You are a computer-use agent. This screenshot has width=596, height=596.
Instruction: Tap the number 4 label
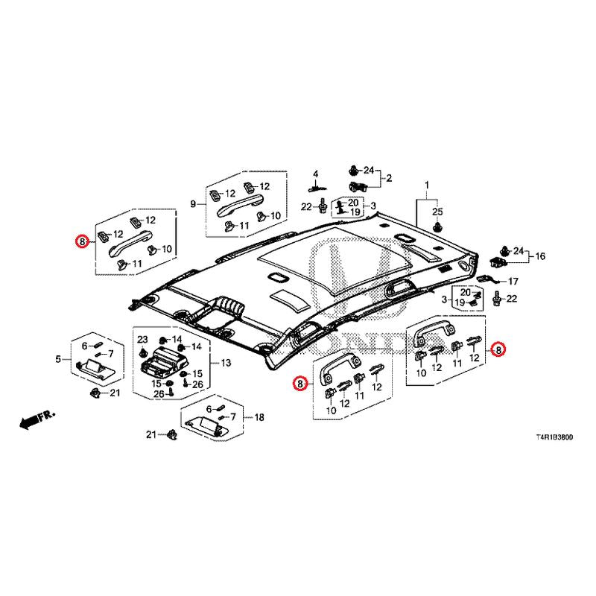point(315,174)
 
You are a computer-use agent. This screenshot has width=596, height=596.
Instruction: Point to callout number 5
point(58,360)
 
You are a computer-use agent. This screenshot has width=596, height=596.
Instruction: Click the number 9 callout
point(193,203)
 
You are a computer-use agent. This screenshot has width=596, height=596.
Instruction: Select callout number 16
point(540,256)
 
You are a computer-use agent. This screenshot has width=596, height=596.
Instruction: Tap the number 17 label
point(513,282)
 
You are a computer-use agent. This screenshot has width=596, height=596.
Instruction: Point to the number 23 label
point(142,339)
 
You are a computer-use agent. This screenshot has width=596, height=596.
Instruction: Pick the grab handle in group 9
point(241,203)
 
